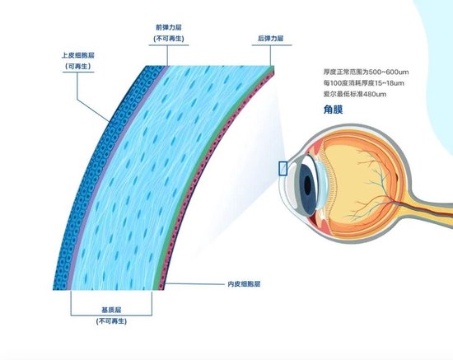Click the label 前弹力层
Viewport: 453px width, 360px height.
169,27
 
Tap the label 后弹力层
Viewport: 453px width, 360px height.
271,39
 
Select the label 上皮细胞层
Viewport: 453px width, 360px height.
78,55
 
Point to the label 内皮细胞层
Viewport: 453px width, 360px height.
244,284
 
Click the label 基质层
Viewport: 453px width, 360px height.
111,310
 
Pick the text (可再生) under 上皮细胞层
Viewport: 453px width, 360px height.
78,67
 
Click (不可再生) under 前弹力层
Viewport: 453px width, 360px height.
169,39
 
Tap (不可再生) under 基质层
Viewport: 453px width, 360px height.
111,321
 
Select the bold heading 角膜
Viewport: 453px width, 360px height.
333,110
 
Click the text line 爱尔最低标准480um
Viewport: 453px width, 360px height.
355,94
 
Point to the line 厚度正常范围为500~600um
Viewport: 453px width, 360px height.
366,72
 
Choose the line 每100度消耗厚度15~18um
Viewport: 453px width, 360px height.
364,83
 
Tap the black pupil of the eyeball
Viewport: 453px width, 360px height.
307,185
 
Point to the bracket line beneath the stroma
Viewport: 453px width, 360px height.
111,315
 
